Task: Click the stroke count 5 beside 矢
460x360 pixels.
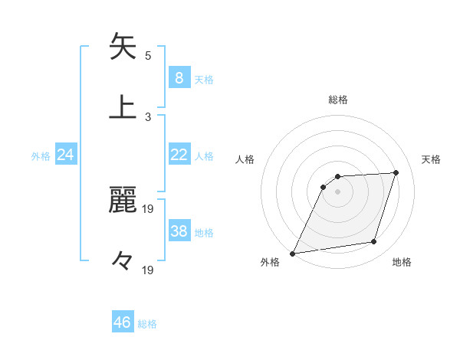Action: (148, 55)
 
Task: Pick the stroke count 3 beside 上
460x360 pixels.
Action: (148, 116)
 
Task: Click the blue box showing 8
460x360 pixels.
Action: (179, 77)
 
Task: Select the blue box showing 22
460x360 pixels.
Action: (179, 155)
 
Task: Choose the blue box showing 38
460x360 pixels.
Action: (179, 231)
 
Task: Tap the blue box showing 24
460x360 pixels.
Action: (65, 155)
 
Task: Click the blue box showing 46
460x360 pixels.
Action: (123, 322)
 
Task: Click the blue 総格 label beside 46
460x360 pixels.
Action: (147, 324)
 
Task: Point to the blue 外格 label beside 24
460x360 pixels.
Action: (41, 156)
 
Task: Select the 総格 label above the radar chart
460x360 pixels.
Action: (338, 100)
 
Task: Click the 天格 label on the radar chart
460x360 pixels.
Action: (431, 159)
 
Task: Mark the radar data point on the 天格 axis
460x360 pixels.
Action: (396, 172)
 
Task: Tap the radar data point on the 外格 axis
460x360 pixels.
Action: (293, 254)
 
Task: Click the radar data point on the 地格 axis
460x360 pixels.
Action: (374, 242)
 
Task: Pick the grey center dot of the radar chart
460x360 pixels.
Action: (338, 191)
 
